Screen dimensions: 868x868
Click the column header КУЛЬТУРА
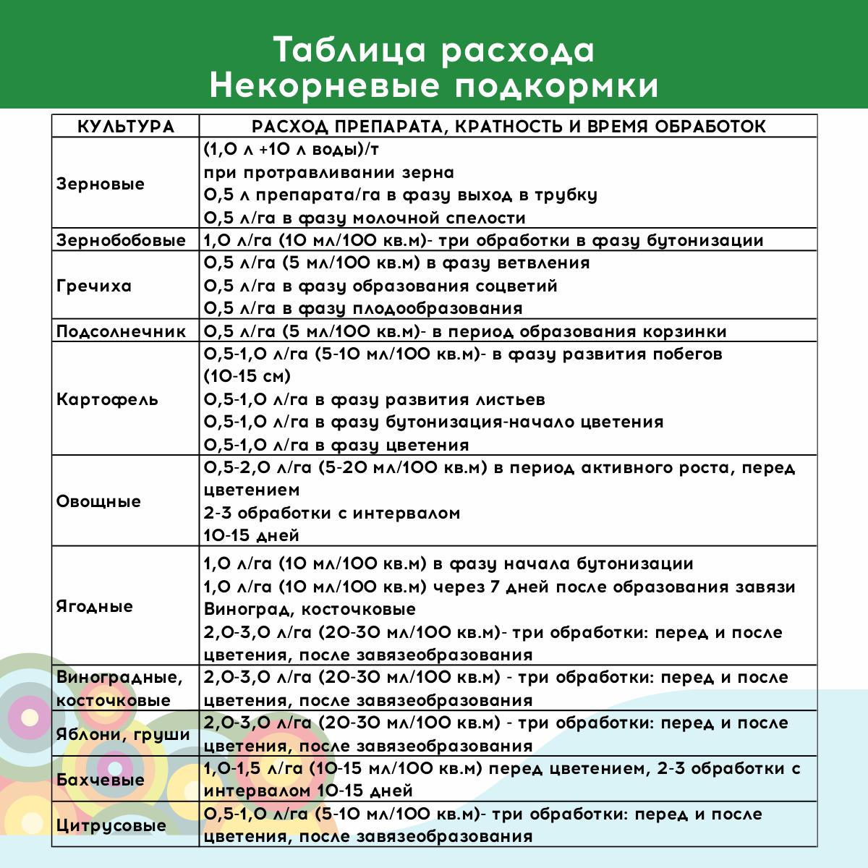tap(126, 127)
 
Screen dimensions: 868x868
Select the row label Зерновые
tap(101, 184)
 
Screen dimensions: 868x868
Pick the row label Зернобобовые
tap(121, 240)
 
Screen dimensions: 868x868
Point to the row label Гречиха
tap(94, 286)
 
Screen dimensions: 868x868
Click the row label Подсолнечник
tap(121, 331)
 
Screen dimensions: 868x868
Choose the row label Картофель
tap(107, 399)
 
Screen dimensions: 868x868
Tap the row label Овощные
tap(98, 501)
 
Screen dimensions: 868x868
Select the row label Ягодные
tap(95, 606)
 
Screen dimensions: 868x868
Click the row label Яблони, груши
tap(123, 734)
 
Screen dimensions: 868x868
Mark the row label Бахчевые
tap(101, 780)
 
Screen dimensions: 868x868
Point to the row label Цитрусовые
tap(111, 825)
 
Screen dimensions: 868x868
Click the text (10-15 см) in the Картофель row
tap(247, 376)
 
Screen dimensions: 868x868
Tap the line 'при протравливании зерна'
tap(329, 173)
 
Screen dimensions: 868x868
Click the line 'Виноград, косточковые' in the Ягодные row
tap(310, 609)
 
